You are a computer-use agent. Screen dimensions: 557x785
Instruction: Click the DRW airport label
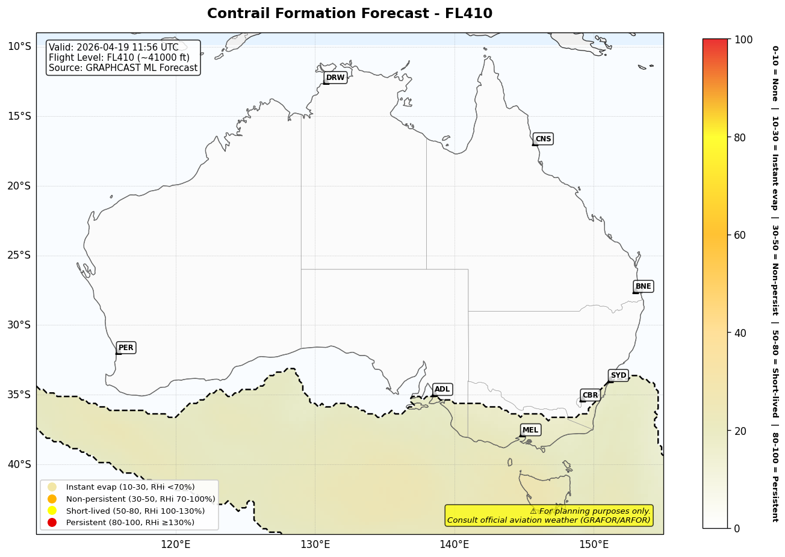pos(335,78)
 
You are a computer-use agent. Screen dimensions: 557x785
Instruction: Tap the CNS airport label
pos(543,139)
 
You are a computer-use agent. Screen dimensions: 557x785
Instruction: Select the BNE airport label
pos(643,286)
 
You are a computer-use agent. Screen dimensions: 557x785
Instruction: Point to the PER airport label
pos(126,348)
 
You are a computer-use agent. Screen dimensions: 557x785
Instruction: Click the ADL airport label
pos(442,390)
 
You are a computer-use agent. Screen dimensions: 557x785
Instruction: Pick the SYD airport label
pos(618,375)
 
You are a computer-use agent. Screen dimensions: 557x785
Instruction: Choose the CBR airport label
pos(590,395)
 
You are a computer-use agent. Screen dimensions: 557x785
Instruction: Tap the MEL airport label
pos(530,430)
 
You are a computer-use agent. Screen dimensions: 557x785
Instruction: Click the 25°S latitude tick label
pos(19,256)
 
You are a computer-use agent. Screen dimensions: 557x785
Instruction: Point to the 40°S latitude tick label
pos(19,464)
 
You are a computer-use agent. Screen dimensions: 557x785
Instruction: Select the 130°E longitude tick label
pos(315,545)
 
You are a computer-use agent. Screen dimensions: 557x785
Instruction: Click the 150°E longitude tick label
pos(594,545)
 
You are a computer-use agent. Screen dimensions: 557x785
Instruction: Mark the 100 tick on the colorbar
pos(743,40)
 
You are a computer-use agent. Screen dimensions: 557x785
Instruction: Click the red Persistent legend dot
pos(52,522)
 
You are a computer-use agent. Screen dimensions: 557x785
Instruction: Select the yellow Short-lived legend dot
pos(52,511)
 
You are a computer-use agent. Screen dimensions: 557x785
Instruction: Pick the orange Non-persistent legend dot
pos(52,499)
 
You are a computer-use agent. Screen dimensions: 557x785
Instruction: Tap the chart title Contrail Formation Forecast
pos(349,14)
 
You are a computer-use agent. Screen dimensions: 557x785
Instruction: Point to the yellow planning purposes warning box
pos(549,515)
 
